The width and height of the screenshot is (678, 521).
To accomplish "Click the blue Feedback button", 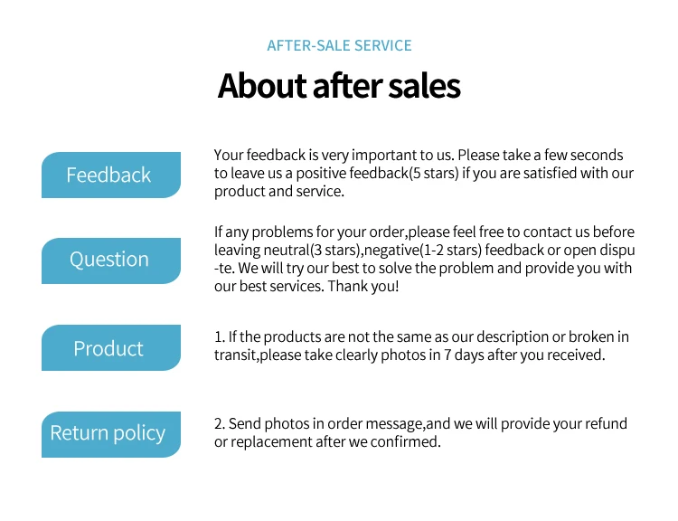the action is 111,175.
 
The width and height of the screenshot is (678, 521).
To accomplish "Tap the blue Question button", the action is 111,260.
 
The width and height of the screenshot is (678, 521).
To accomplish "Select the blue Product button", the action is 111,347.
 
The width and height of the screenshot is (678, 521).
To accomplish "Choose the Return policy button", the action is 111,434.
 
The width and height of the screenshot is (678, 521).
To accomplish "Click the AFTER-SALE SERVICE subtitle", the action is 339,45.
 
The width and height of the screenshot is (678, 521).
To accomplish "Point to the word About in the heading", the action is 262,86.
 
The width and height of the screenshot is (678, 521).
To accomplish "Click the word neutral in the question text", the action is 287,251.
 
